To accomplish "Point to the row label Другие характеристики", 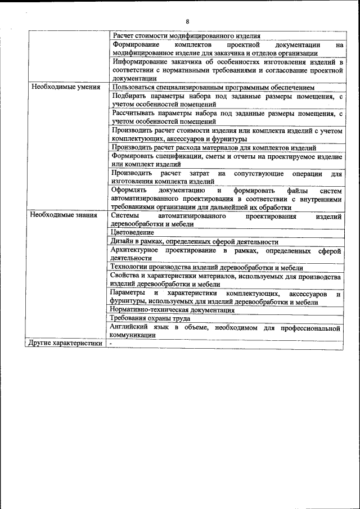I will [66, 343].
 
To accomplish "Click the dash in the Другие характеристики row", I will [111, 343].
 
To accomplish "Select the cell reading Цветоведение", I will [132, 232].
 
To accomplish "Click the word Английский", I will [131, 327].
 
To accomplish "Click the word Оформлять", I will [129, 190].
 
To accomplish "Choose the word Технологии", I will [129, 267].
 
